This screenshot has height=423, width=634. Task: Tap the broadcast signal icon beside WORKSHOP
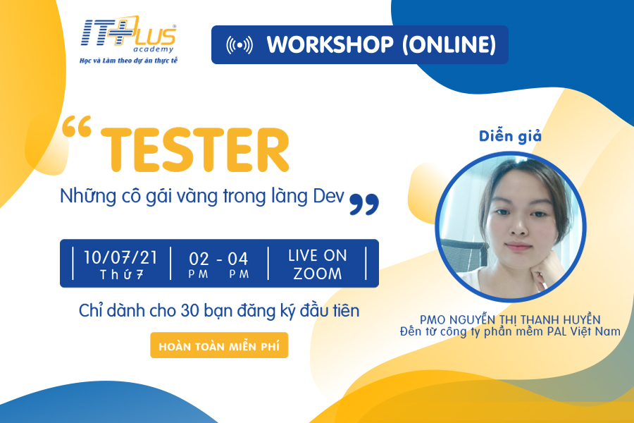click(x=240, y=45)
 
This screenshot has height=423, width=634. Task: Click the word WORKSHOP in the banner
click(x=330, y=44)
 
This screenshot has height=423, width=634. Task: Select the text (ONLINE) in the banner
click(x=449, y=44)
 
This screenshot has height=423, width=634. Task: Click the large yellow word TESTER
click(x=195, y=149)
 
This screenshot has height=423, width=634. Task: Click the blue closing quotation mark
click(x=364, y=204)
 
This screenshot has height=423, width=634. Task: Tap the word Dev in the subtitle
click(x=328, y=196)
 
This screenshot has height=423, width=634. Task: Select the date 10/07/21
click(x=120, y=258)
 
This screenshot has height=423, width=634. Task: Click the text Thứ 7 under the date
click(x=121, y=275)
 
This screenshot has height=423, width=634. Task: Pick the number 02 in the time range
click(x=199, y=259)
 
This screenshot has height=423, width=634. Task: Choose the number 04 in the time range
click(x=238, y=259)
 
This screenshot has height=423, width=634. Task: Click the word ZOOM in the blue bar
click(x=318, y=274)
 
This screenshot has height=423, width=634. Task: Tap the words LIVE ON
click(x=318, y=256)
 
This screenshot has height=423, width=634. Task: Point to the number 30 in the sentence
click(x=189, y=311)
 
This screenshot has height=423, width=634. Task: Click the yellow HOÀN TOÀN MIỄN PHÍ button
click(x=219, y=345)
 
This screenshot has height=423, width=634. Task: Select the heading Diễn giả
click(x=510, y=136)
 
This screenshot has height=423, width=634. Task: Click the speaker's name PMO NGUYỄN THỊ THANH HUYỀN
click(x=510, y=319)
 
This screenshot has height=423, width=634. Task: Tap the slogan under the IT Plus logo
click(x=129, y=61)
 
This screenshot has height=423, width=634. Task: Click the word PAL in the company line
click(x=557, y=331)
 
